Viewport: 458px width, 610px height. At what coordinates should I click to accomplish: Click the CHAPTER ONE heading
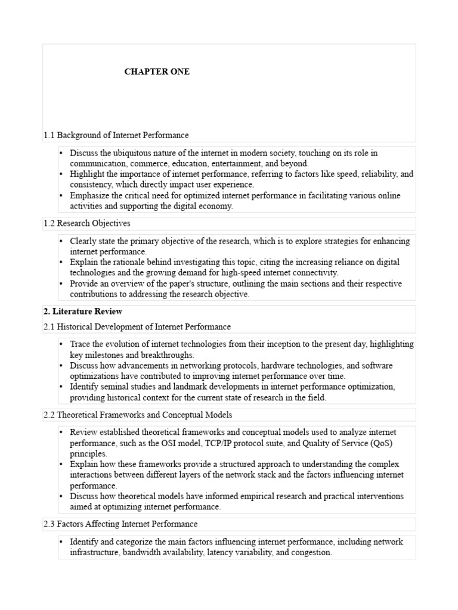point(157,71)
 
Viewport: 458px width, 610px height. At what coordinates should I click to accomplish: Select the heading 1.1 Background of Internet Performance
point(116,135)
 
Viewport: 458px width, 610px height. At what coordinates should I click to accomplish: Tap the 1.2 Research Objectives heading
point(86,223)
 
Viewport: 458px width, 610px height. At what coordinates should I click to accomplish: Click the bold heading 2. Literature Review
point(83,312)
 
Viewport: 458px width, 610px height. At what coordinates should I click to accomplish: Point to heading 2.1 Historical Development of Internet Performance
point(137,326)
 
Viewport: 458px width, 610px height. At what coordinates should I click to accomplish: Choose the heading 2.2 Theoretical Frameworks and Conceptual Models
point(138,415)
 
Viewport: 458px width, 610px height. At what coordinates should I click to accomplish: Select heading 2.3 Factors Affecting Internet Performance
point(120,524)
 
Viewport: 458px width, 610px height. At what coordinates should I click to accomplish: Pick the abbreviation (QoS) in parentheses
point(377,443)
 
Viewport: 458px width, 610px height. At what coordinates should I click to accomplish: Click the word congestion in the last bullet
point(312,552)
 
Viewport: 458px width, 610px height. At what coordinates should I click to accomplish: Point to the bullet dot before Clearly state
point(61,241)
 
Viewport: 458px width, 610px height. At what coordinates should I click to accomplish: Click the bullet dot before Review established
point(61,432)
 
